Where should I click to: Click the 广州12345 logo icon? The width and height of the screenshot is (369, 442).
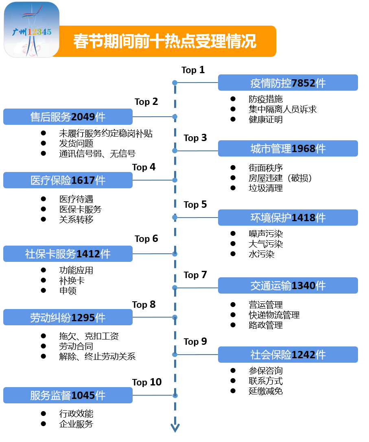pos(32,30)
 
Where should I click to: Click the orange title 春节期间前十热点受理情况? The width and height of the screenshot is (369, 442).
pos(165,41)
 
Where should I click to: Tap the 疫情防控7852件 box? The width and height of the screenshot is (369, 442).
pos(288,83)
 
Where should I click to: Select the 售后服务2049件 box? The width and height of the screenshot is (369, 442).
pos(68,117)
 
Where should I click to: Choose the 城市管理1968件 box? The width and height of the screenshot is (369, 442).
pos(288,148)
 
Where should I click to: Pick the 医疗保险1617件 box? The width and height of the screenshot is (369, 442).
pos(68,180)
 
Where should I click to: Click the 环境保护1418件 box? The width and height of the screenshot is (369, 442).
pos(288,218)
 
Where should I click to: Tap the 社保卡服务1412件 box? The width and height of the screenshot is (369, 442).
pos(68,254)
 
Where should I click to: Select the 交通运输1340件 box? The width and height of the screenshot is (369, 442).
pos(288,285)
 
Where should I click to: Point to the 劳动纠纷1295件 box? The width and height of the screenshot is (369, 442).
pos(68,318)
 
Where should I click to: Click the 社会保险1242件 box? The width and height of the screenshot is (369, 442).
pos(288,355)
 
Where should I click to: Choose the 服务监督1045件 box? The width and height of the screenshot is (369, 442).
pos(68,395)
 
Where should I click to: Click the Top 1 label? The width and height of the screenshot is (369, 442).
pos(193,70)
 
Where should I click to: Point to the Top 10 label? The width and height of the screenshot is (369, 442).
pos(147,382)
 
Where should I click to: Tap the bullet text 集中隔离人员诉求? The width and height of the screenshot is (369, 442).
pos(282,109)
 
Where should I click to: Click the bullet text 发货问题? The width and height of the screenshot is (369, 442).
pos(76,144)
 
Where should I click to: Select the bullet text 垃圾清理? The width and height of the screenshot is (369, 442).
pos(266,188)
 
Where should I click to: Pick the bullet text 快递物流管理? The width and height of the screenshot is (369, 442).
pos(274,315)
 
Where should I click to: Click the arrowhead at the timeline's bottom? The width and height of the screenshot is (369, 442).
pos(175,428)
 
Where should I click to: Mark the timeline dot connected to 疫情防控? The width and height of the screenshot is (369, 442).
pos(175,83)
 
